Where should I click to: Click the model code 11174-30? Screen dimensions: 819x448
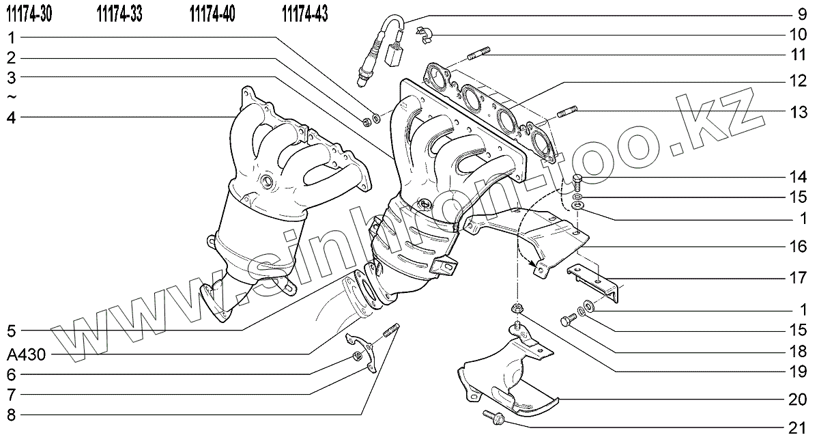click(x=29, y=14)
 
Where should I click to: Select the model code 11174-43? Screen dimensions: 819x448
click(x=305, y=14)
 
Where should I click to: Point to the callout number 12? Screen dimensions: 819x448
click(x=798, y=81)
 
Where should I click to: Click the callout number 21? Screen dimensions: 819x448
click(x=798, y=428)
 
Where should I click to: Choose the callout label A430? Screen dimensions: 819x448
click(x=27, y=354)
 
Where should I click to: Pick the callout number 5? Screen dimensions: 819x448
click(x=12, y=331)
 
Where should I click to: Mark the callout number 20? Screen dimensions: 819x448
click(x=798, y=400)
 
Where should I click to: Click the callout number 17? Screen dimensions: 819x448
click(x=798, y=278)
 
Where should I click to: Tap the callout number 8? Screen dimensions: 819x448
click(x=12, y=415)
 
